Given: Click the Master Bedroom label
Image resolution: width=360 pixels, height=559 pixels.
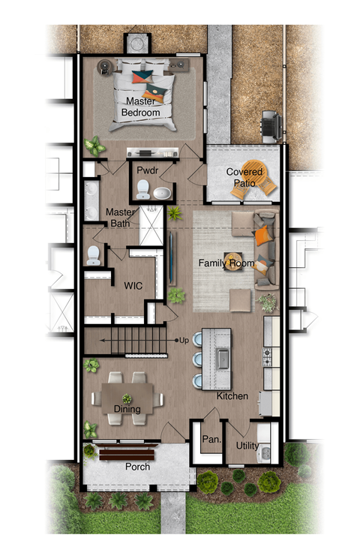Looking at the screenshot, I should (142, 107).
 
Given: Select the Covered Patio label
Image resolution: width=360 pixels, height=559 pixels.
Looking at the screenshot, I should (244, 177).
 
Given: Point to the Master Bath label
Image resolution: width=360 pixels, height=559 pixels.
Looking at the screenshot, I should (119, 218).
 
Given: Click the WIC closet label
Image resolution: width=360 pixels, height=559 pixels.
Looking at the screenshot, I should (133, 285).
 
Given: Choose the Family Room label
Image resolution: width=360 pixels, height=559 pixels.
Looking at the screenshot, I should (226, 263).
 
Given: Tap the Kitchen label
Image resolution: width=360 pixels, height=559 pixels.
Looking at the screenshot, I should (232, 395).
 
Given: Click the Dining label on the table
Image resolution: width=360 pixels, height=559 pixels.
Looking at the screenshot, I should (127, 409).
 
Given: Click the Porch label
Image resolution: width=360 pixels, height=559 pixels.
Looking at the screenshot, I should (137, 467).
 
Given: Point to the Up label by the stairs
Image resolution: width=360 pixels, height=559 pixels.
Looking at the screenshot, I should (184, 341).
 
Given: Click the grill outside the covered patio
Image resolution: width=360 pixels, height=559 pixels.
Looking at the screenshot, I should (270, 124).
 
